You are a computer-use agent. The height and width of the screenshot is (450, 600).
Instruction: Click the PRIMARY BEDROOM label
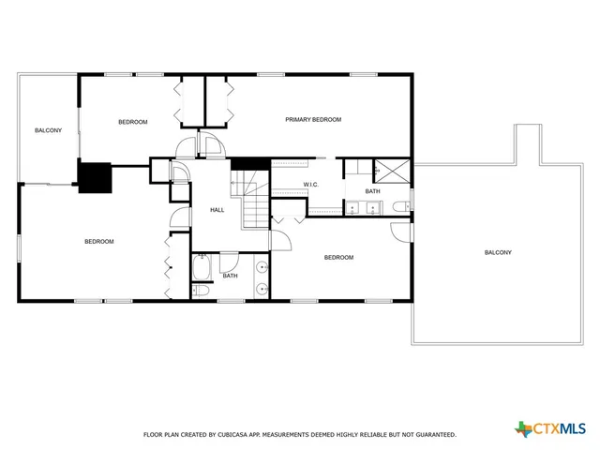[313, 120]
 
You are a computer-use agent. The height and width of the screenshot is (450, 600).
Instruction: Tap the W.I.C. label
[311, 185]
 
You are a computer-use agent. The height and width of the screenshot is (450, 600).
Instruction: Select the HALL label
[217, 210]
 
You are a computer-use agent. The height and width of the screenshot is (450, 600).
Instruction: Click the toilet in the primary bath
[398, 207]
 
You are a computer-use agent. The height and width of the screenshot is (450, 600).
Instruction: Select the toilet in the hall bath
[202, 292]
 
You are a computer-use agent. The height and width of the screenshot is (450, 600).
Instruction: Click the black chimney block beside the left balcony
[95, 178]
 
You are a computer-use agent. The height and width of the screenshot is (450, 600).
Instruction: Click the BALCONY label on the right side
[498, 252]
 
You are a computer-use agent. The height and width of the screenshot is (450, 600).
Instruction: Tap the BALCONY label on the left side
[48, 130]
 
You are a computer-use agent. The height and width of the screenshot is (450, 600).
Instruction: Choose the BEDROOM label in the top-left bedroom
[132, 122]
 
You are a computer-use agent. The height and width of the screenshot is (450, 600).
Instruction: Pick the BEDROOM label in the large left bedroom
[99, 242]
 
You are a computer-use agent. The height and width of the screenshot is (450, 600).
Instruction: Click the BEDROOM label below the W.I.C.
[338, 258]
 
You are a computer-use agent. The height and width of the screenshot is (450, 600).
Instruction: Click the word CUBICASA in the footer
[238, 435]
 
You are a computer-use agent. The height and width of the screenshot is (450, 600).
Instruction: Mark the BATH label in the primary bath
[372, 191]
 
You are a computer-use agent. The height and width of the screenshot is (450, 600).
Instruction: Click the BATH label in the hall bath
[230, 276]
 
